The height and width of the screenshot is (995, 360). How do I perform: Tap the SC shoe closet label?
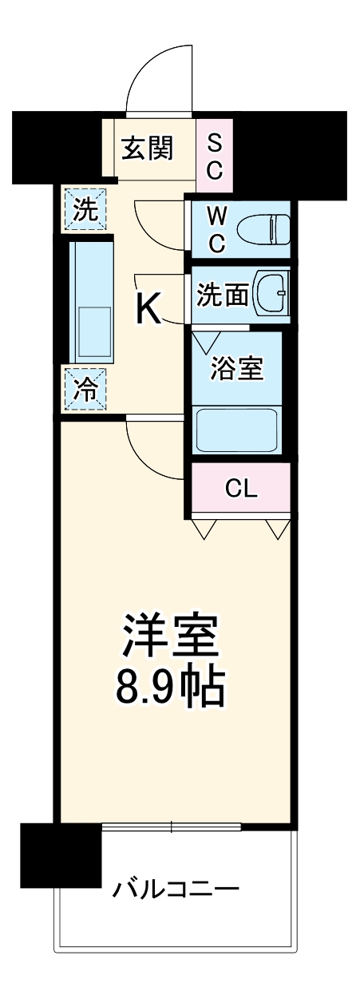point(216,156)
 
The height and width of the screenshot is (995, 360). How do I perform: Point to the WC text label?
point(216,228)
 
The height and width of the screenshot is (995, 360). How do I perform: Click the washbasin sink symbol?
point(271,295)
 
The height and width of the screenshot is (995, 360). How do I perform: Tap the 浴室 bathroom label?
point(237,370)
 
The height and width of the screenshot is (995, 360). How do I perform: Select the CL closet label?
point(240,489)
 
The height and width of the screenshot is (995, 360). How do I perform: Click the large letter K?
point(148,308)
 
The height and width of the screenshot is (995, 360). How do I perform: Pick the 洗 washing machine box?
point(83,209)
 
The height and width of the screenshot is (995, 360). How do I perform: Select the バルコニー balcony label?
point(176,887)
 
